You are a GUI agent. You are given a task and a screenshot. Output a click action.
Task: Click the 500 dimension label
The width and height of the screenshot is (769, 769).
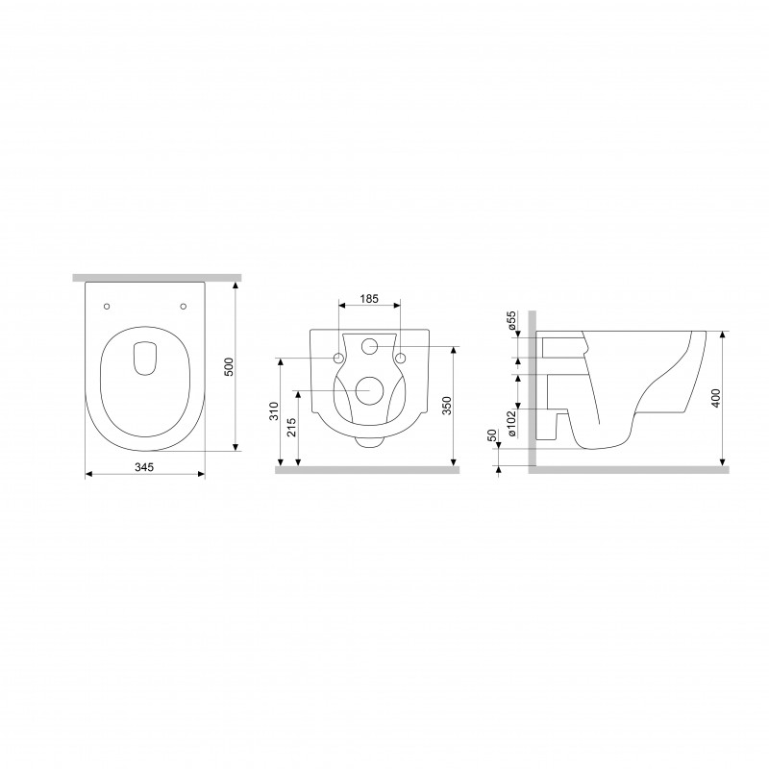point(229,367)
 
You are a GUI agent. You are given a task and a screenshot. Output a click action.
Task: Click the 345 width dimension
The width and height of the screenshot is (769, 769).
point(144,467)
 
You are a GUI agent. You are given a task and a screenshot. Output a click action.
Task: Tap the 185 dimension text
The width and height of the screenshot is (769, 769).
point(369,298)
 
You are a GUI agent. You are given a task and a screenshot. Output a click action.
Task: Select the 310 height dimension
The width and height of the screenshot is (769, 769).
point(274,411)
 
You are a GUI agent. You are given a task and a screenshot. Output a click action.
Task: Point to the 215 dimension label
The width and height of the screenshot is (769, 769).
point(291,427)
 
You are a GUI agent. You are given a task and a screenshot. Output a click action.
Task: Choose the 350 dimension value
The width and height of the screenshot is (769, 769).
point(447,405)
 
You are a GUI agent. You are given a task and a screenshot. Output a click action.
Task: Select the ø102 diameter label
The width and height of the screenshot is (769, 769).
point(511,423)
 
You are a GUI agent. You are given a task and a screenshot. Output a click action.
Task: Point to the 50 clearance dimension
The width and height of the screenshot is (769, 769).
point(493,435)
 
